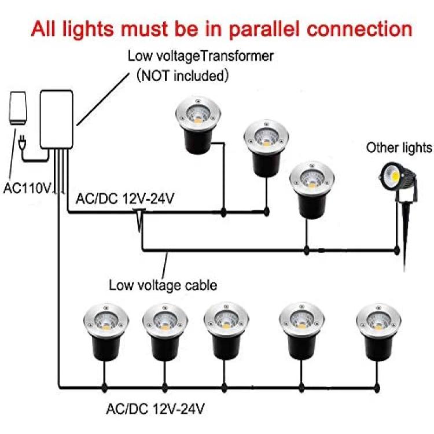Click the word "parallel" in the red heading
point(264,29)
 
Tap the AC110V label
point(28,189)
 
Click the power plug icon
point(22,142)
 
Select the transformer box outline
point(57,119)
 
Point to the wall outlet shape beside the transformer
point(18,108)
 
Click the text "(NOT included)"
point(183,75)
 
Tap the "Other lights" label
point(399,148)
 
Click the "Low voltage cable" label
point(163,285)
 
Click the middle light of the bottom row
point(226,332)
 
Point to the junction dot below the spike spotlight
point(397,251)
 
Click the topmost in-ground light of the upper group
point(198,125)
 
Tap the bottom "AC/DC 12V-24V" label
point(155,409)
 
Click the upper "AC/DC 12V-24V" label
point(125,198)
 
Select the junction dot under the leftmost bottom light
point(104,388)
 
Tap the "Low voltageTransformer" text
point(201,56)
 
